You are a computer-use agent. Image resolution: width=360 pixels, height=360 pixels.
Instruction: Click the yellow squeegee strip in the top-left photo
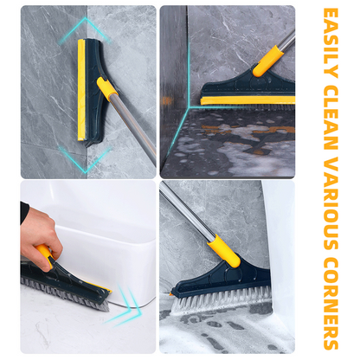81,91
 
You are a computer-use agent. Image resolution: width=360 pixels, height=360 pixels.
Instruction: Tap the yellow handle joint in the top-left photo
107,88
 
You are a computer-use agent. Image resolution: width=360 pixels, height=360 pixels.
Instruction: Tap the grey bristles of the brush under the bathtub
65,294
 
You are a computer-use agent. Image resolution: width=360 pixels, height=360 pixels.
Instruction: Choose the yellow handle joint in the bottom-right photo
222,252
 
